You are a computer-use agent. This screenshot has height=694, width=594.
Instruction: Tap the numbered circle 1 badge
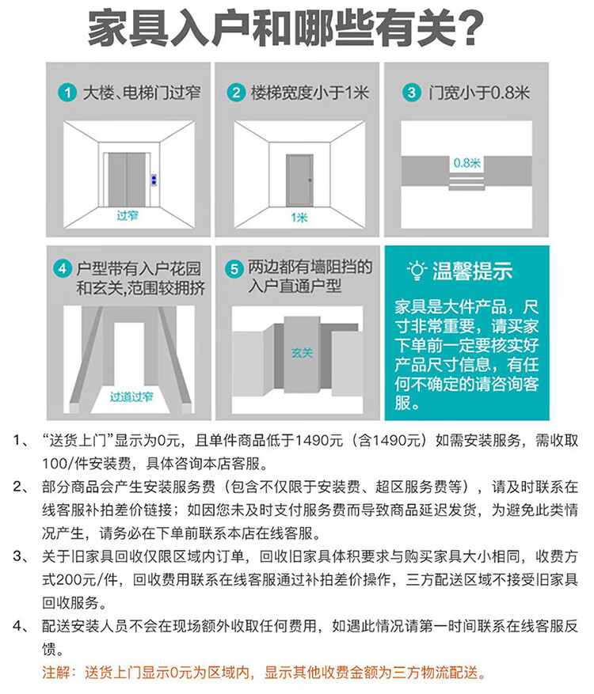[x=67, y=93]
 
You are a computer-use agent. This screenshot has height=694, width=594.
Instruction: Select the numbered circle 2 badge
[x=236, y=93]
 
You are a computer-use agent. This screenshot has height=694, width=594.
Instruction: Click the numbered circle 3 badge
[x=412, y=93]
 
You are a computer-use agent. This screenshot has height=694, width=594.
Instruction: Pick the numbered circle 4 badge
[x=62, y=269]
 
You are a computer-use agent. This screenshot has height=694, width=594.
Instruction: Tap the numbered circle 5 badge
[x=234, y=269]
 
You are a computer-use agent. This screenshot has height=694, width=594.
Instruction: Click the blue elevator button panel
[x=154, y=180]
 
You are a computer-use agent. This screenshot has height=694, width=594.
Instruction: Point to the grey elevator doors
[x=127, y=180]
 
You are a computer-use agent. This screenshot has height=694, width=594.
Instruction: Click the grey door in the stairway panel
[x=299, y=180]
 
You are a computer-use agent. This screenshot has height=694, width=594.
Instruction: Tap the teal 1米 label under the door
[x=299, y=218]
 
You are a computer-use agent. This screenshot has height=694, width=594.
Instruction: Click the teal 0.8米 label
[x=466, y=163]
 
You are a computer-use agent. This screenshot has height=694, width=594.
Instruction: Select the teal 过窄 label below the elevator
[x=128, y=215]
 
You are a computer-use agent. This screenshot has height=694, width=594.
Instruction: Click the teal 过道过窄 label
[x=131, y=396]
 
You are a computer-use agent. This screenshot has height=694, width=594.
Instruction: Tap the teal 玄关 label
[x=302, y=353]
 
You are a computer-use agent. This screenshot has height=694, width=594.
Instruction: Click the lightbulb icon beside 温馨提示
[x=417, y=270]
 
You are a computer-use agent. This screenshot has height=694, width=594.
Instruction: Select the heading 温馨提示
[x=472, y=271]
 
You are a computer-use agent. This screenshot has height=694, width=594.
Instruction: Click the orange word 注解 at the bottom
[x=55, y=673]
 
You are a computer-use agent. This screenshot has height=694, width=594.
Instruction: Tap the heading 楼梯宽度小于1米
[x=310, y=93]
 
